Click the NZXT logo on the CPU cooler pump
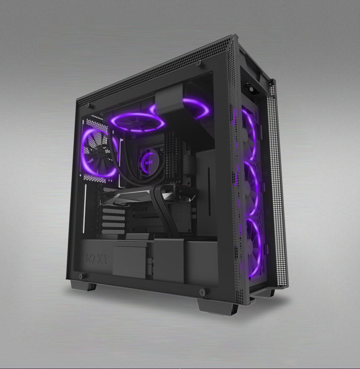click(x=149, y=162)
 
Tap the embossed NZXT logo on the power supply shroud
click(x=97, y=259)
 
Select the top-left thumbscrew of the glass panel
click(x=89, y=106)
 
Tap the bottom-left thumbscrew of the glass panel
click(x=81, y=276)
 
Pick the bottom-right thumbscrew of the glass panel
click(x=202, y=292)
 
